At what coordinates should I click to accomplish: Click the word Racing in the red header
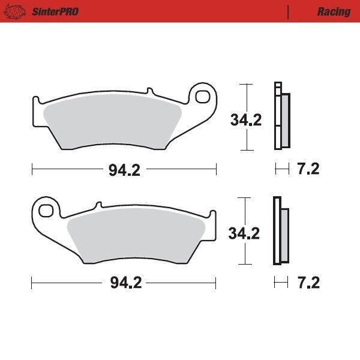point(334,11)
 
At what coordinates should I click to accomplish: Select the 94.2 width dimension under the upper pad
point(124,170)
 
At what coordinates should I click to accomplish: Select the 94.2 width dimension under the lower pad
point(124,283)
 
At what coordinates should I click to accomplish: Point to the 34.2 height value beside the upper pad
point(246,120)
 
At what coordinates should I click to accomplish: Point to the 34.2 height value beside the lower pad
point(244,233)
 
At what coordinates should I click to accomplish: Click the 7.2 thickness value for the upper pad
point(308,169)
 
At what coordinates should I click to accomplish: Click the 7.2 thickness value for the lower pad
point(308,283)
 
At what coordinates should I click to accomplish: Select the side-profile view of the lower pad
point(280,231)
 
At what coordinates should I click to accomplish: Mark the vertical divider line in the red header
point(289,11)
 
